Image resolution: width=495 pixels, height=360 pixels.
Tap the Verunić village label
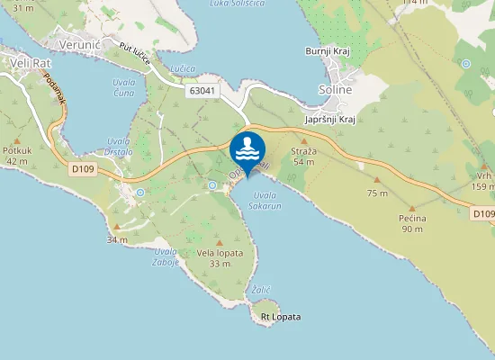tap(77, 44)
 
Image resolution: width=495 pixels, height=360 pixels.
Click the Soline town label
tap(335, 90)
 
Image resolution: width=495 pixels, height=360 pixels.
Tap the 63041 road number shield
tap(202, 91)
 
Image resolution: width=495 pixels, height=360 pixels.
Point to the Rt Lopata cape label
tap(280, 317)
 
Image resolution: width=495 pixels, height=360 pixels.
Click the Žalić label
tap(261, 289)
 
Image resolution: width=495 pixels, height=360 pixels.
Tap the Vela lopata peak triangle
tap(220, 243)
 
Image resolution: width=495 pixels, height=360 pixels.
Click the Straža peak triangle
tap(303, 140)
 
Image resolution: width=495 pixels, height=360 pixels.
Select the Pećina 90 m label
tap(412, 223)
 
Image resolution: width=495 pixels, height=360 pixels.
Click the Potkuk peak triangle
tap(17, 139)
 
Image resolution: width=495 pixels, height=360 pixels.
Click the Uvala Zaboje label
tap(165, 256)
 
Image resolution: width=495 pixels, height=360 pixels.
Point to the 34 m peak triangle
tap(116, 226)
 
